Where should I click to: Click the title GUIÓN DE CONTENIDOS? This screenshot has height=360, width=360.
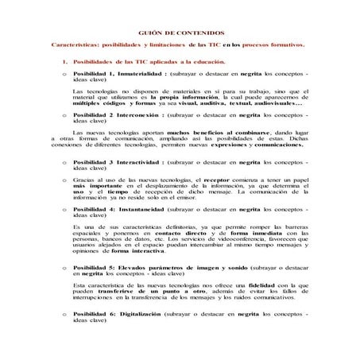[x=180, y=34]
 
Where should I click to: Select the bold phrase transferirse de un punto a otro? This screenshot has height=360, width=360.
[x=141, y=290]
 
